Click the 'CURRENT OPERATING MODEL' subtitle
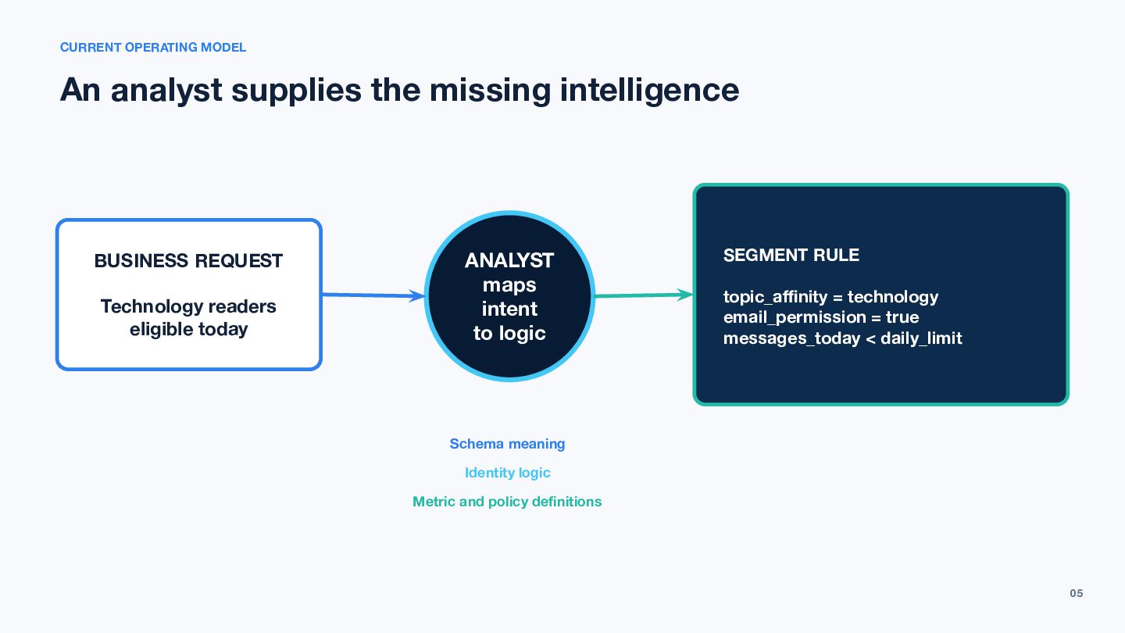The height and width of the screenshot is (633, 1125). tap(153, 47)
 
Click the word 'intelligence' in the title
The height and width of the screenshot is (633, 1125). tap(649, 91)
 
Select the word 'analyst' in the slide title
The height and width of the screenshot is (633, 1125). tap(166, 91)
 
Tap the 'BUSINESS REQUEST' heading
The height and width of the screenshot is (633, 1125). tap(188, 261)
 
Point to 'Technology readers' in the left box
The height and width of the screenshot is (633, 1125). tap(188, 306)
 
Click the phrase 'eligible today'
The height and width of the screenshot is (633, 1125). tap(189, 330)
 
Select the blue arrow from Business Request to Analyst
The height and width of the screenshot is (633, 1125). tap(373, 295)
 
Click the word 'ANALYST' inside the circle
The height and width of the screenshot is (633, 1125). tap(509, 260)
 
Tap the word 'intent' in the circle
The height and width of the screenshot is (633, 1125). tap(509, 309)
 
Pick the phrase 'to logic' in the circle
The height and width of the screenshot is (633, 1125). tap(509, 333)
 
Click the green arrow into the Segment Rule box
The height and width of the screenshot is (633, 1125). tap(644, 295)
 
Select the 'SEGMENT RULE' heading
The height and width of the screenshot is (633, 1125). tap(791, 256)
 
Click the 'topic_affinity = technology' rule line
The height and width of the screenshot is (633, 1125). tap(830, 297)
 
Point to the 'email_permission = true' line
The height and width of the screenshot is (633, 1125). tap(821, 317)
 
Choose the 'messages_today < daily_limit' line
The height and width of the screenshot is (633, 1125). tap(843, 338)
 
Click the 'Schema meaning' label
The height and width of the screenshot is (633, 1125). tap(507, 444)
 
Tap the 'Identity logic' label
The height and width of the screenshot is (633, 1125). tap(507, 473)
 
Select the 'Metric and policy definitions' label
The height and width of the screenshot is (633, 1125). tap(507, 502)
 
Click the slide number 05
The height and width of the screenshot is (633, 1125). tap(1077, 593)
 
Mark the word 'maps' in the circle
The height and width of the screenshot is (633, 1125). tap(509, 285)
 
